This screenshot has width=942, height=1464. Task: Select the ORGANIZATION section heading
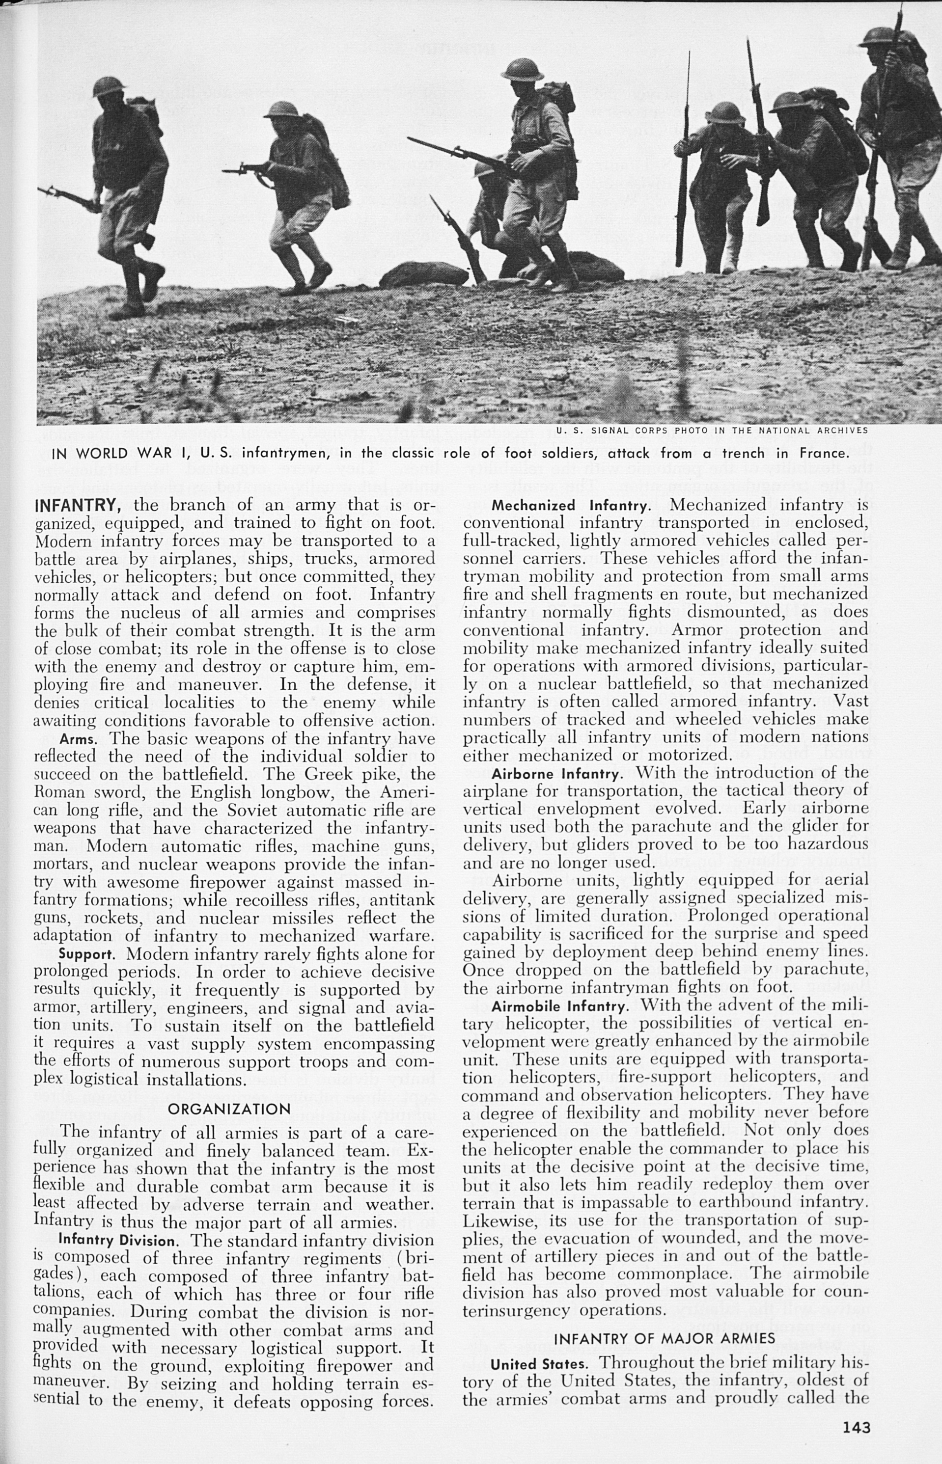(x=229, y=1109)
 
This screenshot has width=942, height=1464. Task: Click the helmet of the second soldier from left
(x=282, y=109)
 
